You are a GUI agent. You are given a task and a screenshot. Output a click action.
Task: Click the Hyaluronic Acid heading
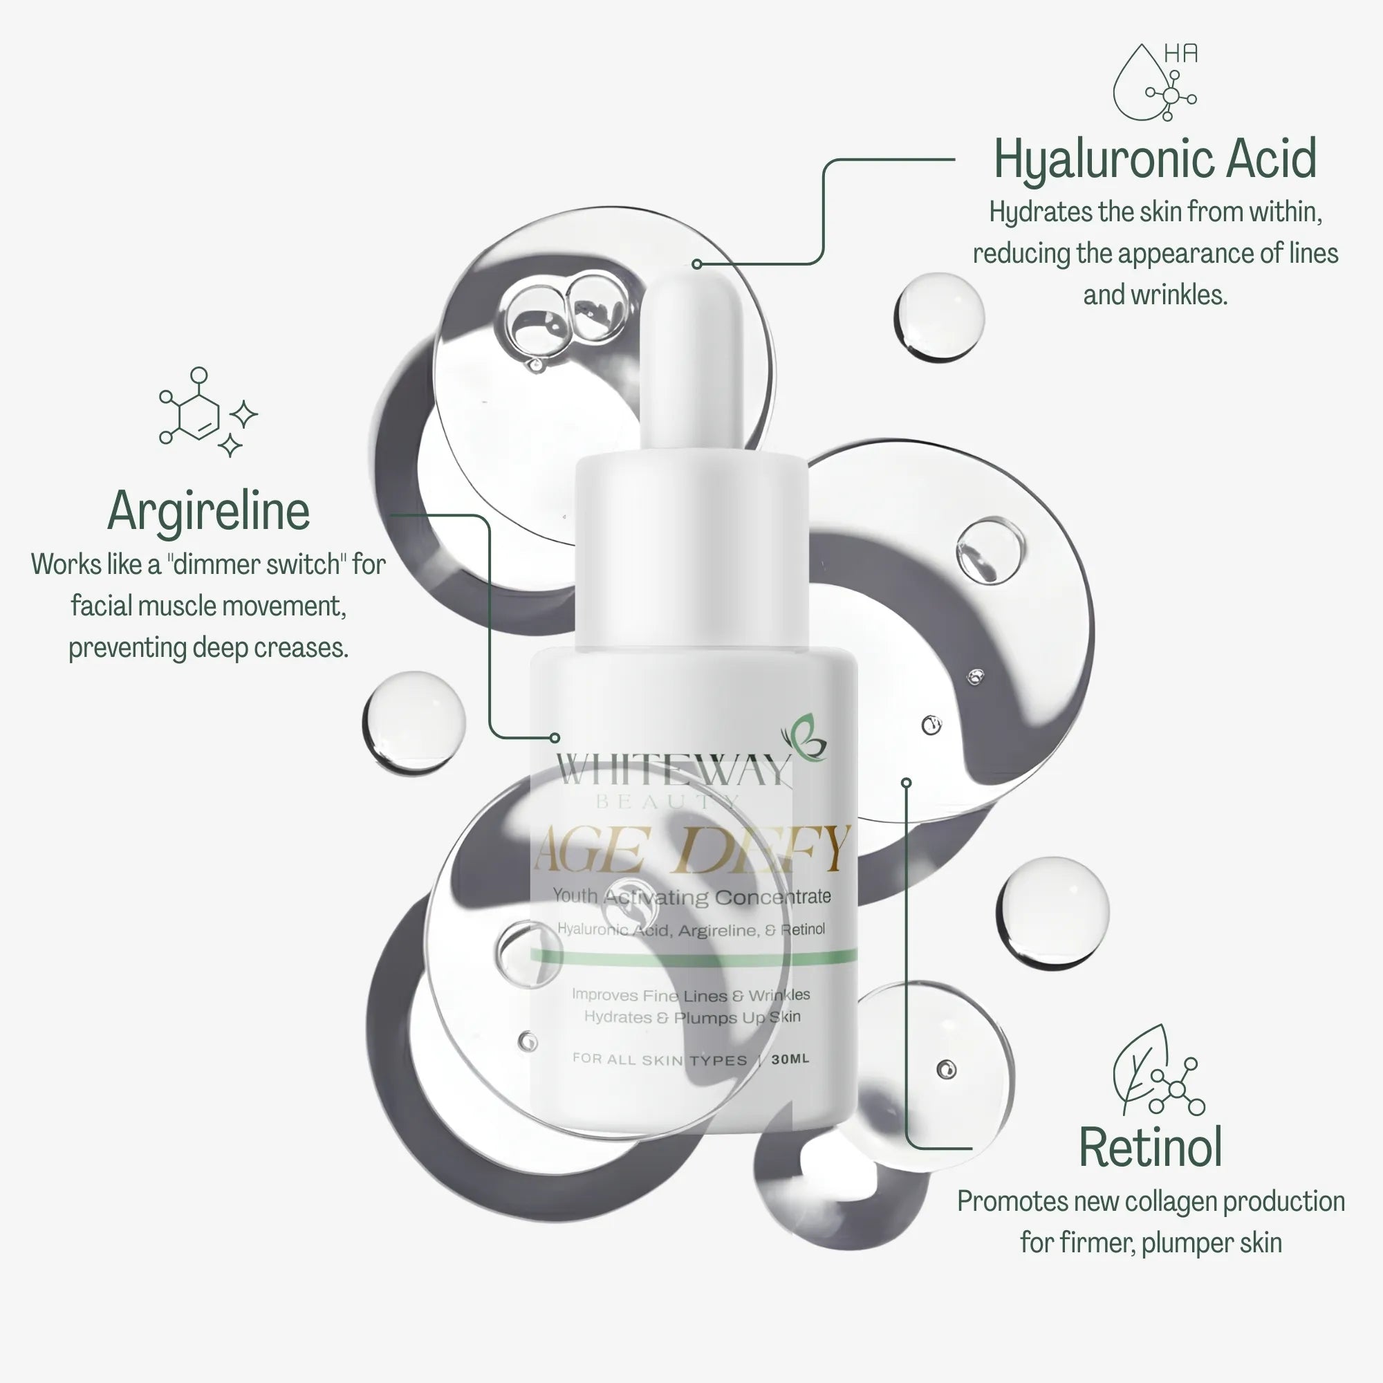tap(1155, 159)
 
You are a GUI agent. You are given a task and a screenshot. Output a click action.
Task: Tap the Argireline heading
tap(208, 511)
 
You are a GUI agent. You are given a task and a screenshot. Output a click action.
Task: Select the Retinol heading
tap(1150, 1147)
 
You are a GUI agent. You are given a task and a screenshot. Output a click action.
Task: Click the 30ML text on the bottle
tap(790, 1059)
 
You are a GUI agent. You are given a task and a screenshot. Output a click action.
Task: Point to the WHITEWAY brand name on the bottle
tap(673, 770)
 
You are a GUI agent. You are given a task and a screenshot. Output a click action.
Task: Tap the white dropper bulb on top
tap(691, 358)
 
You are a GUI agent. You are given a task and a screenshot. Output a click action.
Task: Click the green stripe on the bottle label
tap(693, 956)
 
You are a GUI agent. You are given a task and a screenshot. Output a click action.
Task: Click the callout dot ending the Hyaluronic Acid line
tap(696, 264)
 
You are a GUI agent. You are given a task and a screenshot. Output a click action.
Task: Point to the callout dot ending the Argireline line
tap(555, 737)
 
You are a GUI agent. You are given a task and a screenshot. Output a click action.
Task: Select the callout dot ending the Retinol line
tap(907, 782)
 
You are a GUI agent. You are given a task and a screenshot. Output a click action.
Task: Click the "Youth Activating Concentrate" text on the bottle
tap(691, 896)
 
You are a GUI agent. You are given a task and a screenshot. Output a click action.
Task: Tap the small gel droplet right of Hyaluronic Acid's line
tap(938, 317)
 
